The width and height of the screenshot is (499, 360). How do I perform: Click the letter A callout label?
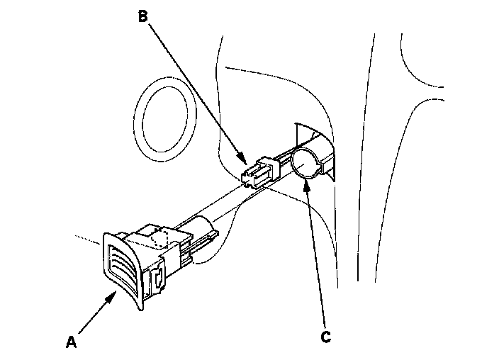(70, 342)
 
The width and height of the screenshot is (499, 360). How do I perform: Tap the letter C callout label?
(325, 337)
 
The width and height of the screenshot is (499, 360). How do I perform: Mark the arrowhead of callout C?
(305, 184)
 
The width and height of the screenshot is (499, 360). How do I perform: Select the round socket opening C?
(306, 164)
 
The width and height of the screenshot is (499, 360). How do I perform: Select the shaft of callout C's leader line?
(316, 262)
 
